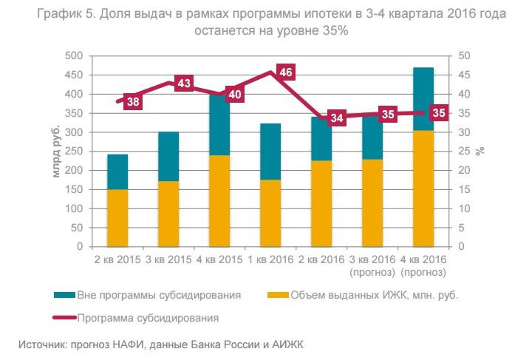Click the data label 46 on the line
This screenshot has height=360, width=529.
[x=286, y=72]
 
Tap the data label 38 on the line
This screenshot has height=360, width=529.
[x=133, y=102]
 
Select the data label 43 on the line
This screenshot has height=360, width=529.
[x=184, y=84]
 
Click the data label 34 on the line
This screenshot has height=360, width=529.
[x=337, y=118]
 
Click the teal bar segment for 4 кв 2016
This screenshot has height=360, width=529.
[x=423, y=98]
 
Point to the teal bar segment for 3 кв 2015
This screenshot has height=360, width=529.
[x=168, y=156]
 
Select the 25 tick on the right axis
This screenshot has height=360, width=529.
[x=465, y=151]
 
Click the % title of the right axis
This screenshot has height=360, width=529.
[x=480, y=151]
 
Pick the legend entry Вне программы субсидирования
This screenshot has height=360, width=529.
[x=160, y=295]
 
